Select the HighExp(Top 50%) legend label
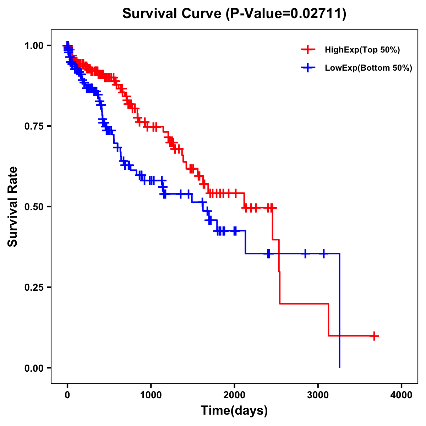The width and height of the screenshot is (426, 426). point(362,50)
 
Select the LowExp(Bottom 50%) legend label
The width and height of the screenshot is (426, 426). point(368,68)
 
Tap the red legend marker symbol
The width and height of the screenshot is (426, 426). point(308,50)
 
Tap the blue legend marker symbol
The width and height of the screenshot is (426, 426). point(308,68)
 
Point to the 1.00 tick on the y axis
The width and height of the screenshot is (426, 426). point(34,45)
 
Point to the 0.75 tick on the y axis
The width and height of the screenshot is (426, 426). point(34,126)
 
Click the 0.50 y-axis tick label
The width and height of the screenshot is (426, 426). point(34,207)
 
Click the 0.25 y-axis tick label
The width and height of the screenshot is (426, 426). point(34,287)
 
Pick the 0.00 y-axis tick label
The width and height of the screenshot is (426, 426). point(34,368)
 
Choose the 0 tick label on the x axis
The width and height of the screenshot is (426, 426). point(67,395)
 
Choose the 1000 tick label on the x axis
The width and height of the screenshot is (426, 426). point(151,395)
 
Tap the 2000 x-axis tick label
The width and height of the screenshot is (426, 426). point(234,395)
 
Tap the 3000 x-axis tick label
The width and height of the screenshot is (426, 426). point(318,395)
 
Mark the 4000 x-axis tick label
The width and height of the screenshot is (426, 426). point(402,395)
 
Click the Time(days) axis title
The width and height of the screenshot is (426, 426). point(234,411)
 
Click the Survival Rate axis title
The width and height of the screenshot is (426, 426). point(13,207)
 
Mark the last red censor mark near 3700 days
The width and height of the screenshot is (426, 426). point(374,336)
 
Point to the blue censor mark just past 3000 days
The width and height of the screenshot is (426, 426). point(323,253)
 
